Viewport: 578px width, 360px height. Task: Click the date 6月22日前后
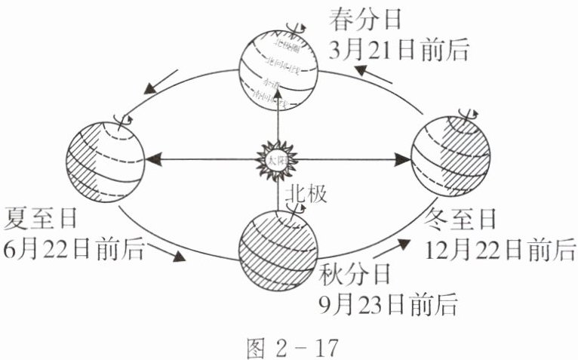[x=73, y=249]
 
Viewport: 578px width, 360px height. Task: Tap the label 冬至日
[x=462, y=220]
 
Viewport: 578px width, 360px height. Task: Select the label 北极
[x=304, y=194]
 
